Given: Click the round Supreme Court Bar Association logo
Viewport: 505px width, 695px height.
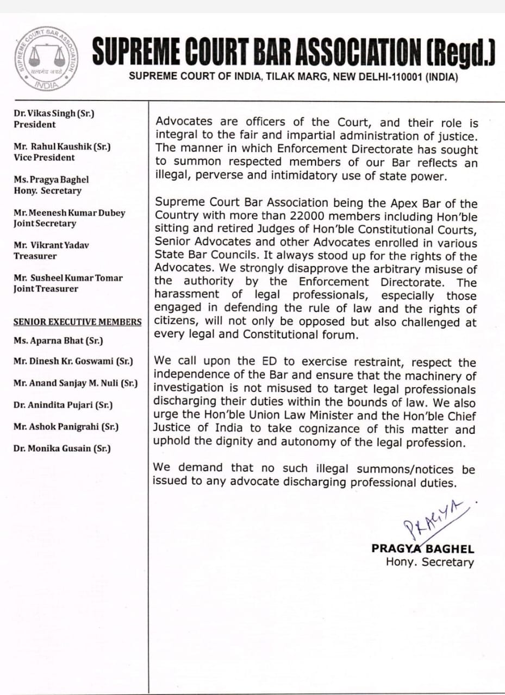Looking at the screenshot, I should click(x=45, y=58).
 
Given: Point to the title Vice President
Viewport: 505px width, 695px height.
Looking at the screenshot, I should click(x=45, y=157).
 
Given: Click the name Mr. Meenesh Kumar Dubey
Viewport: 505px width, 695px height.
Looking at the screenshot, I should click(x=69, y=213).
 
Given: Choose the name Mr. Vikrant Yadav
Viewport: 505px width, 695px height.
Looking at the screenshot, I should click(x=52, y=245).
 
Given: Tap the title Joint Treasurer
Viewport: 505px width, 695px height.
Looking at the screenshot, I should click(x=46, y=289).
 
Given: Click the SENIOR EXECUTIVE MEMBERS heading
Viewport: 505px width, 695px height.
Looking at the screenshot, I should click(x=78, y=322).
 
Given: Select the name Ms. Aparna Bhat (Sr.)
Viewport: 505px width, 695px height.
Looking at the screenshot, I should click(x=58, y=340).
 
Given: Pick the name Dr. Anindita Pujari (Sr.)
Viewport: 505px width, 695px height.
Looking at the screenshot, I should click(x=64, y=405).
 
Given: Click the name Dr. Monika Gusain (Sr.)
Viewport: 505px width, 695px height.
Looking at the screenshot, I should click(x=63, y=449).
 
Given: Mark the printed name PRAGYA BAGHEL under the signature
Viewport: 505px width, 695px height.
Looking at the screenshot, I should click(x=422, y=548).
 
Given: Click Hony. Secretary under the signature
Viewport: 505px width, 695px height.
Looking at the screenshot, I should click(x=429, y=563).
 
